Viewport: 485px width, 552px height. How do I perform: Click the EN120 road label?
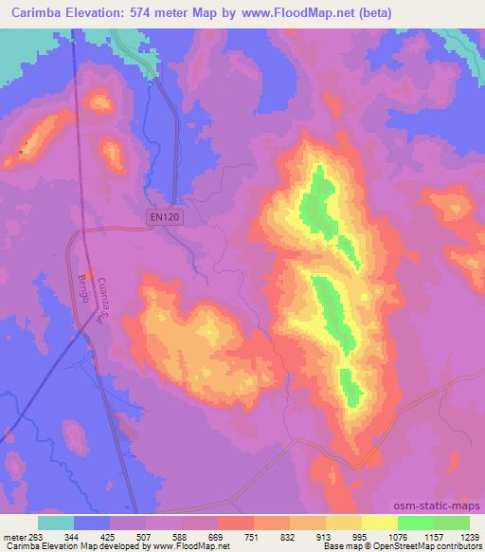(x=165, y=217)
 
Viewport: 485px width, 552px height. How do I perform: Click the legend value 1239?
(x=469, y=536)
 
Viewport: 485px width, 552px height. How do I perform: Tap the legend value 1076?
(x=398, y=536)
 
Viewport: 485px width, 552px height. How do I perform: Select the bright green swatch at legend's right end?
(x=451, y=523)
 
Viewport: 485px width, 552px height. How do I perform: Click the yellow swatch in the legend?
(x=379, y=523)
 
